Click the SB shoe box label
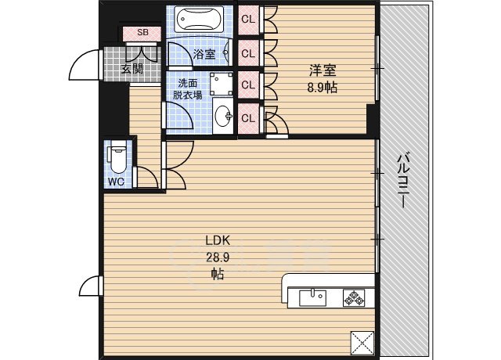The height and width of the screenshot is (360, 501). (142, 32)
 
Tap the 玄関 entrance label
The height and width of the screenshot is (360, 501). (132, 68)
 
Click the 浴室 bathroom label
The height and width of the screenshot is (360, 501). (204, 54)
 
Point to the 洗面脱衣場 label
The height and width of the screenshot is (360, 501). (188, 88)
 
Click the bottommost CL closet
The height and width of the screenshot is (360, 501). (248, 117)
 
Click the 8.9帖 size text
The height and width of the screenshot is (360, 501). (322, 88)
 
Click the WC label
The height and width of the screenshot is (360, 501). (116, 182)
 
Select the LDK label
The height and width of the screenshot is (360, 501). (217, 241)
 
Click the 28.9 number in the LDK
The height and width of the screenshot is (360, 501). (217, 257)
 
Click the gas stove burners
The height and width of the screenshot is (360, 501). (354, 297)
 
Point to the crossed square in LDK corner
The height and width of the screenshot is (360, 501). (362, 342)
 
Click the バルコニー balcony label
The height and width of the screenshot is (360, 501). (404, 179)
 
